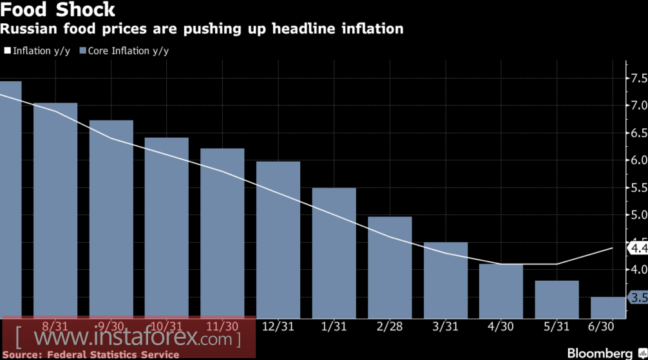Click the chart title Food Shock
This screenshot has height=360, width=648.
(x=58, y=10)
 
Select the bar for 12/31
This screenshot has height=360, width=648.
(x=278, y=239)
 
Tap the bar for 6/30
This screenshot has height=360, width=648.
(x=609, y=307)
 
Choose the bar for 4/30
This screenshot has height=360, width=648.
(x=501, y=290)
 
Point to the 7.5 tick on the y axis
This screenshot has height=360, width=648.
(x=639, y=79)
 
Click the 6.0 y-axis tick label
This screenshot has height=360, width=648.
(x=639, y=160)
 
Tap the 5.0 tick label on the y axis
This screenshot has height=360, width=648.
(x=639, y=215)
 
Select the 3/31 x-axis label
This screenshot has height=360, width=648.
(x=445, y=327)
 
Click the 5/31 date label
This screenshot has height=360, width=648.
(x=557, y=327)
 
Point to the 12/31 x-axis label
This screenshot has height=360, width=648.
(x=278, y=327)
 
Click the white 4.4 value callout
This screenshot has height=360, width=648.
(x=638, y=248)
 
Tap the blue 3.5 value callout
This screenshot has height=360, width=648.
(x=638, y=298)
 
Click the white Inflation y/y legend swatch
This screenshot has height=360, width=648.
(x=7, y=50)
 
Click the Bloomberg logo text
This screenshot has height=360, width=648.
(x=600, y=354)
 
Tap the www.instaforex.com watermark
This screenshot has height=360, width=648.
(x=129, y=337)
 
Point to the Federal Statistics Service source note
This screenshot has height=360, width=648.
(x=90, y=355)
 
